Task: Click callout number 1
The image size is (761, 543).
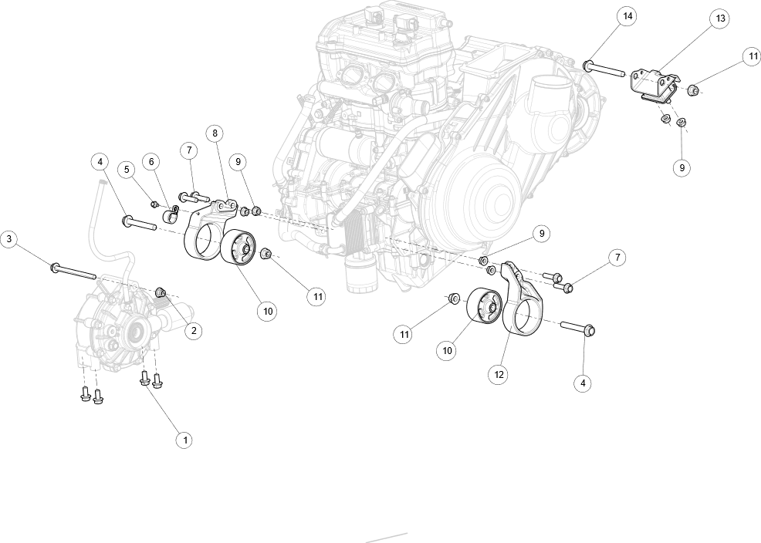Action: tap(184, 440)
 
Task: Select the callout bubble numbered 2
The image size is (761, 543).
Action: tap(194, 331)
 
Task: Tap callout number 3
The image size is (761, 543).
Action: tap(8, 239)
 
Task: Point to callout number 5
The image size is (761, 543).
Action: tap(126, 169)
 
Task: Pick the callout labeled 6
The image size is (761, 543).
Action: tap(151, 161)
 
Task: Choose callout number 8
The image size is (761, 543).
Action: tap(215, 133)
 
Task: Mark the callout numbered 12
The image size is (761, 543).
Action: tap(499, 374)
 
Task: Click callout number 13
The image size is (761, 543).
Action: tap(720, 18)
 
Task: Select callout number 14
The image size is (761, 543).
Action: tap(627, 15)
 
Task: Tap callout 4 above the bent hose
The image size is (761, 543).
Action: tap(100, 162)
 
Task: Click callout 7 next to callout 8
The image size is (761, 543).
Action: tap(189, 150)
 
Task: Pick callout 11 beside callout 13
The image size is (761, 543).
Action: tap(753, 56)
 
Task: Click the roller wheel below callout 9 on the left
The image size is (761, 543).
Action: tap(242, 248)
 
